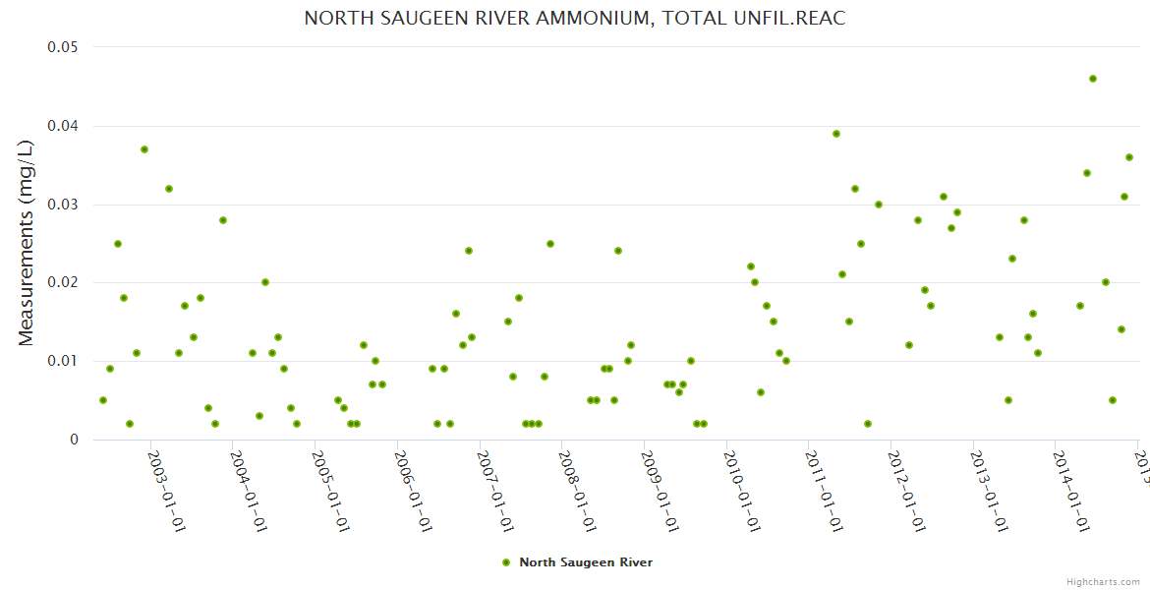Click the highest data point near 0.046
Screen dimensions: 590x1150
pos(1092,79)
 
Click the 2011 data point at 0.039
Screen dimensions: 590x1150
pos(836,134)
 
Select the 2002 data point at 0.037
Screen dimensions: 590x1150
pos(144,149)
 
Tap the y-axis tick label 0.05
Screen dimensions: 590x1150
pos(63,47)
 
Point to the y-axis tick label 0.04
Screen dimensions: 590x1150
pos(63,126)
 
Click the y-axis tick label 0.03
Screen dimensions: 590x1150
pos(63,205)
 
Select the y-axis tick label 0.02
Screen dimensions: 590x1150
pos(63,283)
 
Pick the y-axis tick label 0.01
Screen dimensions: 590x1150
pos(63,361)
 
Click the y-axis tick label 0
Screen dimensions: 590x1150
pos(74,440)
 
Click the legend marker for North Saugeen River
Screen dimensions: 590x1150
pos(506,562)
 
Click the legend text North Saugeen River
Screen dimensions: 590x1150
pos(586,562)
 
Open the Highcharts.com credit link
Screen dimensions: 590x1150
pos(1104,581)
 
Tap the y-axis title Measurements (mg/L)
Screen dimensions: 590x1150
pos(27,243)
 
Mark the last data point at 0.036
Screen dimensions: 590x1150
pos(1129,157)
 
